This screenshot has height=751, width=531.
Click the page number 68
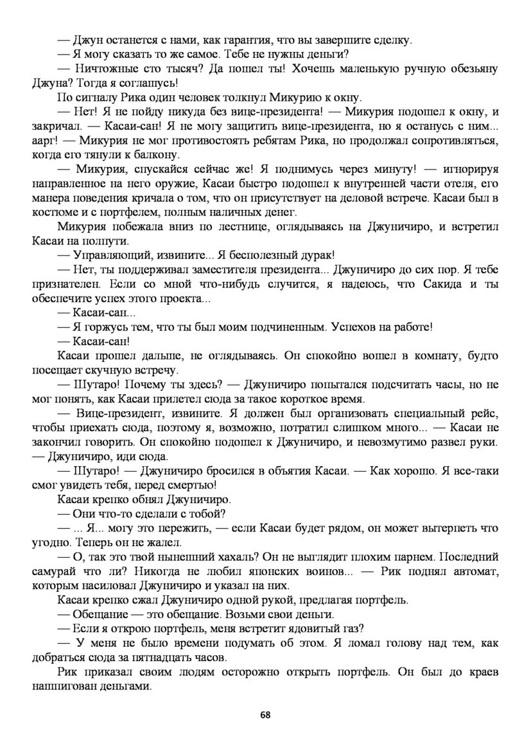point(265,714)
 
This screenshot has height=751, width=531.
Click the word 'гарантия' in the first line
point(233,40)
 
